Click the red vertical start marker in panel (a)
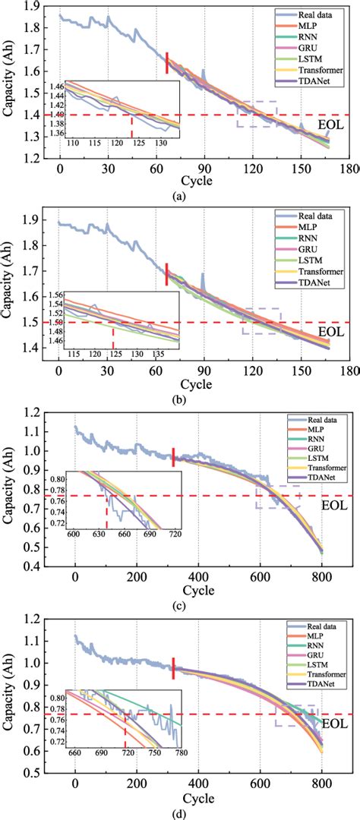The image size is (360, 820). point(167,63)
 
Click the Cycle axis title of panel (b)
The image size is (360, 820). point(195,385)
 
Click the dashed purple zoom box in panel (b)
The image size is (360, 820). point(261,321)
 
